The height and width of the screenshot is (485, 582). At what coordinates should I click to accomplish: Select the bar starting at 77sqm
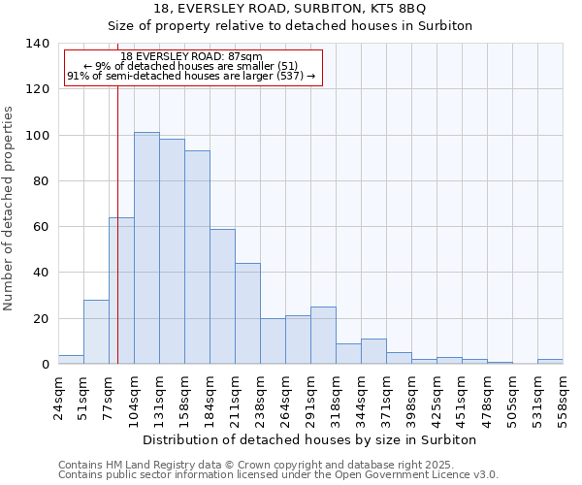(121, 291)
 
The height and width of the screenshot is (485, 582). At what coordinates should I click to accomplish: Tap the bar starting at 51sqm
(96, 332)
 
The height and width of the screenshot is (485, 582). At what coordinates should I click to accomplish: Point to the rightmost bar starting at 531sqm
(550, 362)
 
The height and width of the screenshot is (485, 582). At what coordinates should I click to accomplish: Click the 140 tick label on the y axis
(37, 44)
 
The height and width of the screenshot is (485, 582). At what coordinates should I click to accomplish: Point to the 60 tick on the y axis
(41, 227)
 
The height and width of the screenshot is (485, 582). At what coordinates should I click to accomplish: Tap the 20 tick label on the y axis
(41, 319)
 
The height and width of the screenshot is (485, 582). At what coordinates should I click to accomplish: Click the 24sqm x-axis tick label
(59, 396)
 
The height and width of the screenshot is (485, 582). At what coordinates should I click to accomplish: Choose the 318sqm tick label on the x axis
(337, 396)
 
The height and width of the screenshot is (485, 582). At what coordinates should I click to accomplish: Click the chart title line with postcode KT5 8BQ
(289, 9)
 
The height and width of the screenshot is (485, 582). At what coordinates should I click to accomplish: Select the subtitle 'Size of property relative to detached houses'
(289, 26)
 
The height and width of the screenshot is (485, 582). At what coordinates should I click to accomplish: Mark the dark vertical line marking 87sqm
(117, 223)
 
